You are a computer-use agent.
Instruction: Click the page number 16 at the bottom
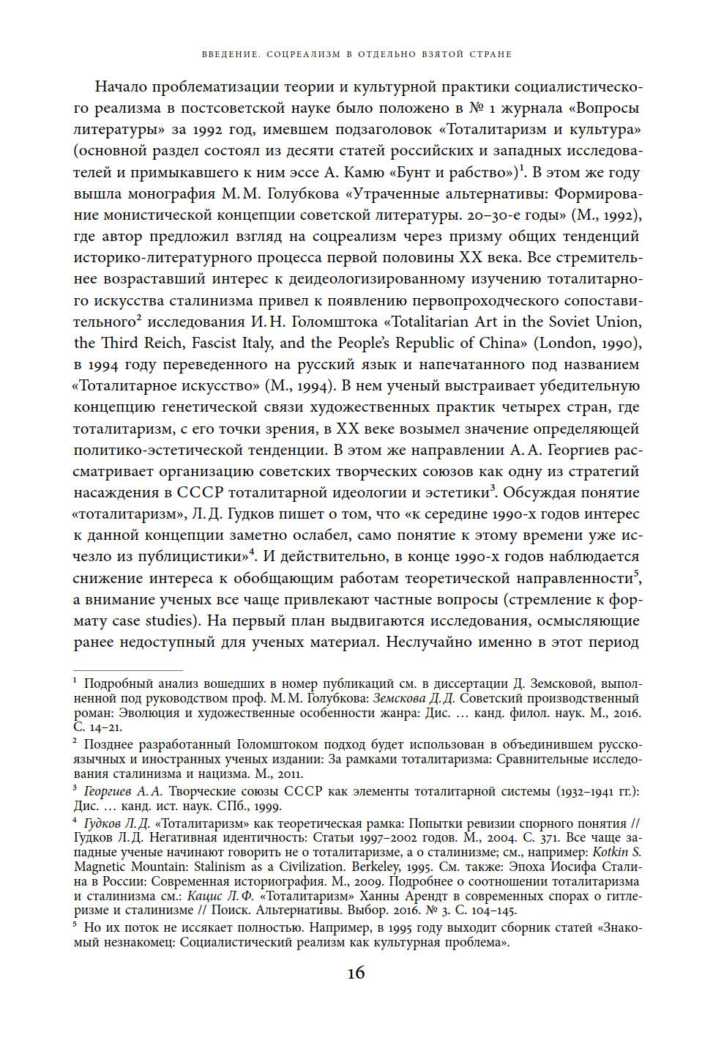point(356,973)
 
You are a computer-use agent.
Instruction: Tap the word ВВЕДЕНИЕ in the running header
point(231,54)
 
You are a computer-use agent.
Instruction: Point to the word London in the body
point(564,343)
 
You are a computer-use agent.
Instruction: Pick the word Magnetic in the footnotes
point(100,867)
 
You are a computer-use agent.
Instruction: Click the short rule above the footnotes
point(127,670)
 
